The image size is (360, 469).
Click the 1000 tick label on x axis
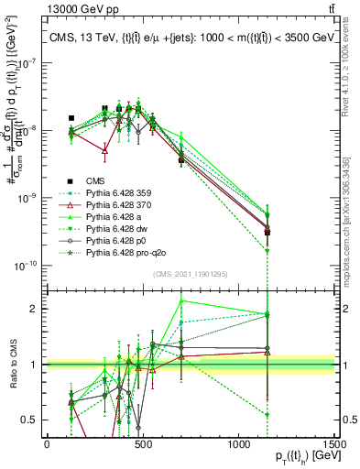coord(239,444)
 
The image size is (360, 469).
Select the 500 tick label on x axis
coord(143,444)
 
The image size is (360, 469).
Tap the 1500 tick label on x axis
coord(334,444)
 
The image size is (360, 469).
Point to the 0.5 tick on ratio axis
coord(34,420)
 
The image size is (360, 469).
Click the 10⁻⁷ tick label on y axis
coord(27,62)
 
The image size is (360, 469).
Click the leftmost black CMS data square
coord(71,118)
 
